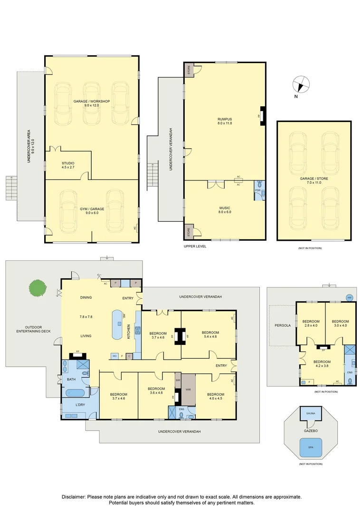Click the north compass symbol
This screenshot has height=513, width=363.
tap(301, 85)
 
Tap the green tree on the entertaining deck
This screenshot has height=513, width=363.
tap(38, 288)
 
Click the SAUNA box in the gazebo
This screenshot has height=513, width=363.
tap(310, 414)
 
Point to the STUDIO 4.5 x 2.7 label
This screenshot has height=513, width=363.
tap(68, 165)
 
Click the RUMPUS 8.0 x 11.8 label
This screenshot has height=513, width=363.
tap(225, 121)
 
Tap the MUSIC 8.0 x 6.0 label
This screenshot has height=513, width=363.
tap(225, 210)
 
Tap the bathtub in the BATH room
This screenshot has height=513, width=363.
tap(76, 393)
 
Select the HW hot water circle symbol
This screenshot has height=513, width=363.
tap(350, 297)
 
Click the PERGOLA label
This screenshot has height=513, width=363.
tap(282, 325)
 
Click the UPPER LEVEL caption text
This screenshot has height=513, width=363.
tap(195, 247)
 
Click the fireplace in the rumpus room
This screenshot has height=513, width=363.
tap(262, 115)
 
